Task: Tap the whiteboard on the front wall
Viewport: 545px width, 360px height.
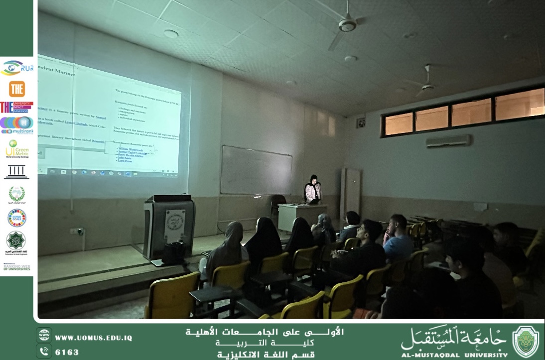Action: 256,170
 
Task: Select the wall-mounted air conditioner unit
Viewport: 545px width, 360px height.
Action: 448,141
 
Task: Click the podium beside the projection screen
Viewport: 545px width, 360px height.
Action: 169,227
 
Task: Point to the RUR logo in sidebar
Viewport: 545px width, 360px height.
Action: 17,68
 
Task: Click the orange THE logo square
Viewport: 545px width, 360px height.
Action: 17,89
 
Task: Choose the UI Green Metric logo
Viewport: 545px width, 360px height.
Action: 17,148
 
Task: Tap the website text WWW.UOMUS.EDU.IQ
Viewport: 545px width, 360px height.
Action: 93,338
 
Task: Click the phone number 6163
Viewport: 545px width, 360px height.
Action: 67,352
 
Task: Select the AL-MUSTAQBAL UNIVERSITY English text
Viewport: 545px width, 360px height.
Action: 454,355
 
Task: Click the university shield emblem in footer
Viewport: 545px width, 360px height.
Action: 526,342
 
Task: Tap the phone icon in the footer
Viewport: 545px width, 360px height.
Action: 44,352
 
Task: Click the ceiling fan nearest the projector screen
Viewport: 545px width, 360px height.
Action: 347,23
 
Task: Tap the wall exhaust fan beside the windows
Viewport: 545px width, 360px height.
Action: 361,121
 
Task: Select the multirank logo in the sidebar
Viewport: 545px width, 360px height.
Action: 17,125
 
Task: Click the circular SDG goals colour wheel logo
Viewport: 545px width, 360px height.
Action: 17,218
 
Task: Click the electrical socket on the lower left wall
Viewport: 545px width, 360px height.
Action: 78,232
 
